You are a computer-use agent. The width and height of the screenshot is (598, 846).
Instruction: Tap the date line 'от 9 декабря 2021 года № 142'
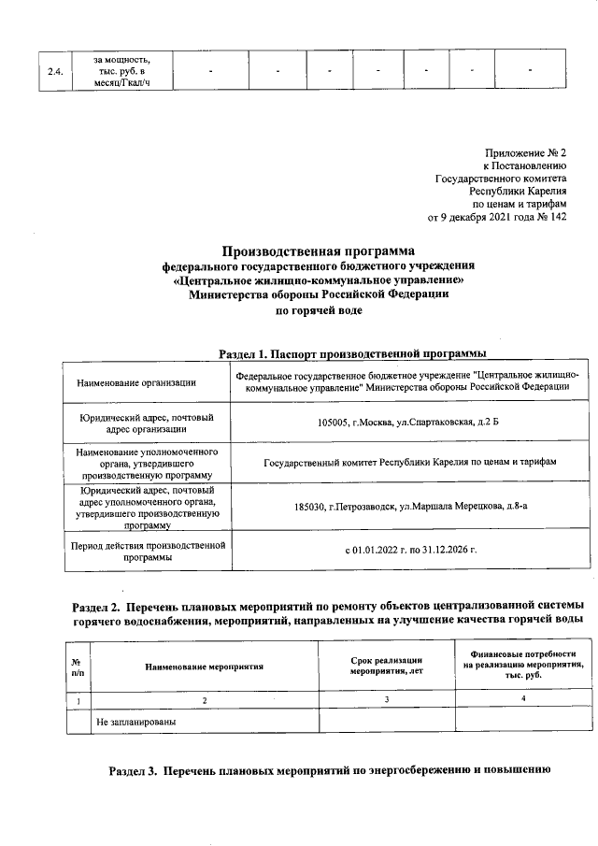click(x=497, y=218)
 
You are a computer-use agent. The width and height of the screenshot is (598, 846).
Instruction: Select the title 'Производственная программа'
click(x=317, y=251)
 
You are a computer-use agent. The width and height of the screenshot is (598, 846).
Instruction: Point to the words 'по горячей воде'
click(x=318, y=309)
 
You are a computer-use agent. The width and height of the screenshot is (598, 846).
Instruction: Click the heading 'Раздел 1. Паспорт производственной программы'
click(x=351, y=353)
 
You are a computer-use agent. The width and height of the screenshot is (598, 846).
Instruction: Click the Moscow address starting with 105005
click(x=408, y=423)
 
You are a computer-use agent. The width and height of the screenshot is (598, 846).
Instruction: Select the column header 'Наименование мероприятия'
click(x=204, y=667)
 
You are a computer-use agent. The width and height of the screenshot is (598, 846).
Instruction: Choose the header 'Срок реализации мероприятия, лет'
click(x=387, y=667)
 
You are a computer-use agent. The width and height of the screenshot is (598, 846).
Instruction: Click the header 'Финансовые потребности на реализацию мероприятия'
click(x=524, y=663)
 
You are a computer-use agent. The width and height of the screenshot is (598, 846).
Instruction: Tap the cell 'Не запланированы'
click(x=136, y=722)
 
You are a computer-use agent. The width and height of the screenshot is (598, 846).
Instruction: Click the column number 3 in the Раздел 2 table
click(x=387, y=700)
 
